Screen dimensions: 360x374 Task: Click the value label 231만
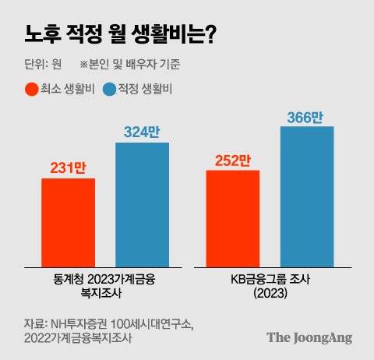68,167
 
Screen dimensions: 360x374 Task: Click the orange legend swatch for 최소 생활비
32,90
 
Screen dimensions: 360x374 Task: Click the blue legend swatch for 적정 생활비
109,90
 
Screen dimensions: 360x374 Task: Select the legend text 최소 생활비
68,90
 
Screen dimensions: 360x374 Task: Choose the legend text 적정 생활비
145,90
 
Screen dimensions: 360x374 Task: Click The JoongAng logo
309,337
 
